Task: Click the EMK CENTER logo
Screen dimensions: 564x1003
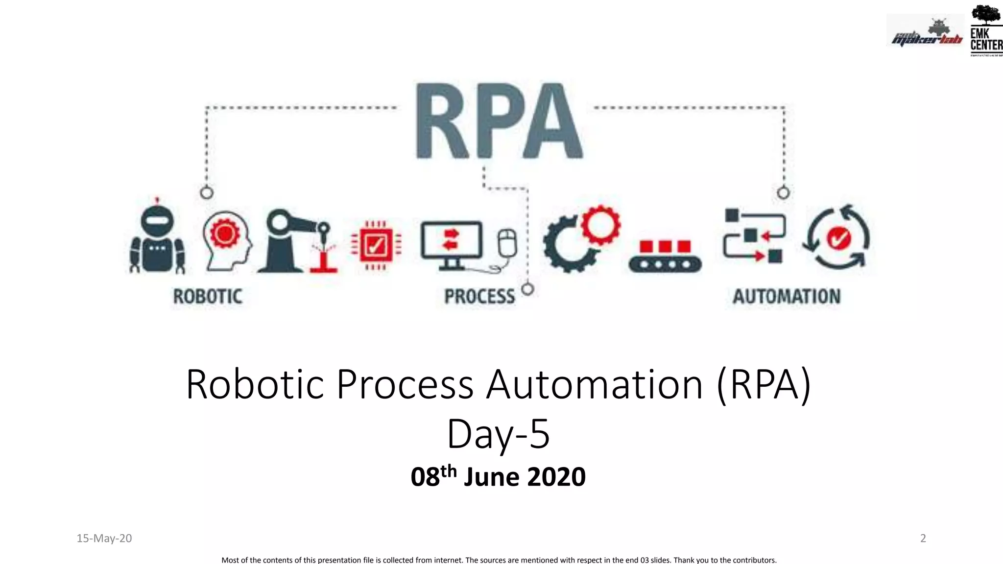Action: click(x=986, y=30)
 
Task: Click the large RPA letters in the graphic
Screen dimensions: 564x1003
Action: click(x=499, y=121)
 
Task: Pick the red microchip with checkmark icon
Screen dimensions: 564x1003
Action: click(x=376, y=245)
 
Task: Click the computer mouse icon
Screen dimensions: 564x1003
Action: click(x=507, y=243)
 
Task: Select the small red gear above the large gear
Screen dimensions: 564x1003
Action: click(x=601, y=225)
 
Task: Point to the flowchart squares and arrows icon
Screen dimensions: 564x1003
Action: click(x=754, y=236)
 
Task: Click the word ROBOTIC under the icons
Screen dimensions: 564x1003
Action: click(x=208, y=297)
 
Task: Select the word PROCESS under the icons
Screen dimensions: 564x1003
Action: click(x=479, y=297)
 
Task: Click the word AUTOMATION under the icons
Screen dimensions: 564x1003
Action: click(x=787, y=297)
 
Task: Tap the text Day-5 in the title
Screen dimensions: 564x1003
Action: click(x=498, y=434)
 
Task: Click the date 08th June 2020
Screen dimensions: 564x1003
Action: click(x=498, y=477)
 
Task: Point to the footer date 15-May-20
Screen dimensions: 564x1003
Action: click(x=104, y=539)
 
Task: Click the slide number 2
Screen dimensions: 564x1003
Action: click(x=923, y=539)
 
